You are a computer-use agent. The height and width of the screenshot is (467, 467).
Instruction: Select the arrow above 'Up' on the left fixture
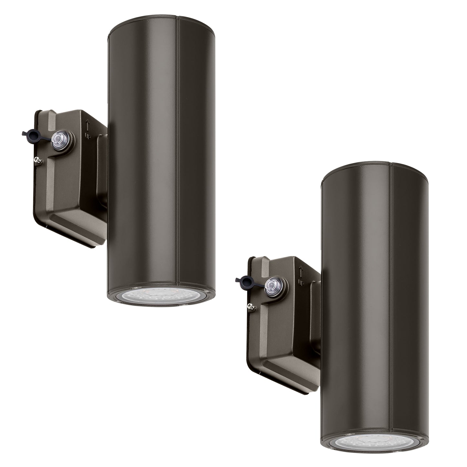(87, 124)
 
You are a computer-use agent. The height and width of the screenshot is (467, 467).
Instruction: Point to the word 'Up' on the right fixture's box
(301, 282)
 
